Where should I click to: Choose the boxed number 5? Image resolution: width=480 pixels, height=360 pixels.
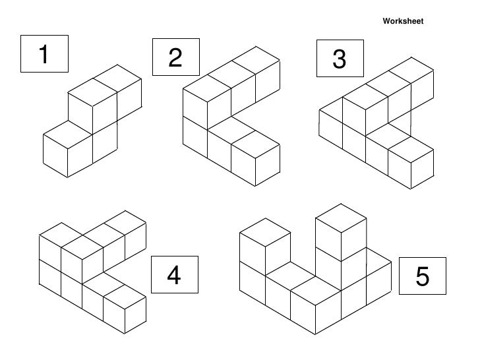422,278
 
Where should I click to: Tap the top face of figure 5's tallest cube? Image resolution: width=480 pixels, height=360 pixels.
340,216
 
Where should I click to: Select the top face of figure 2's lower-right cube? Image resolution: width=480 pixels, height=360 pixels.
255,140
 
